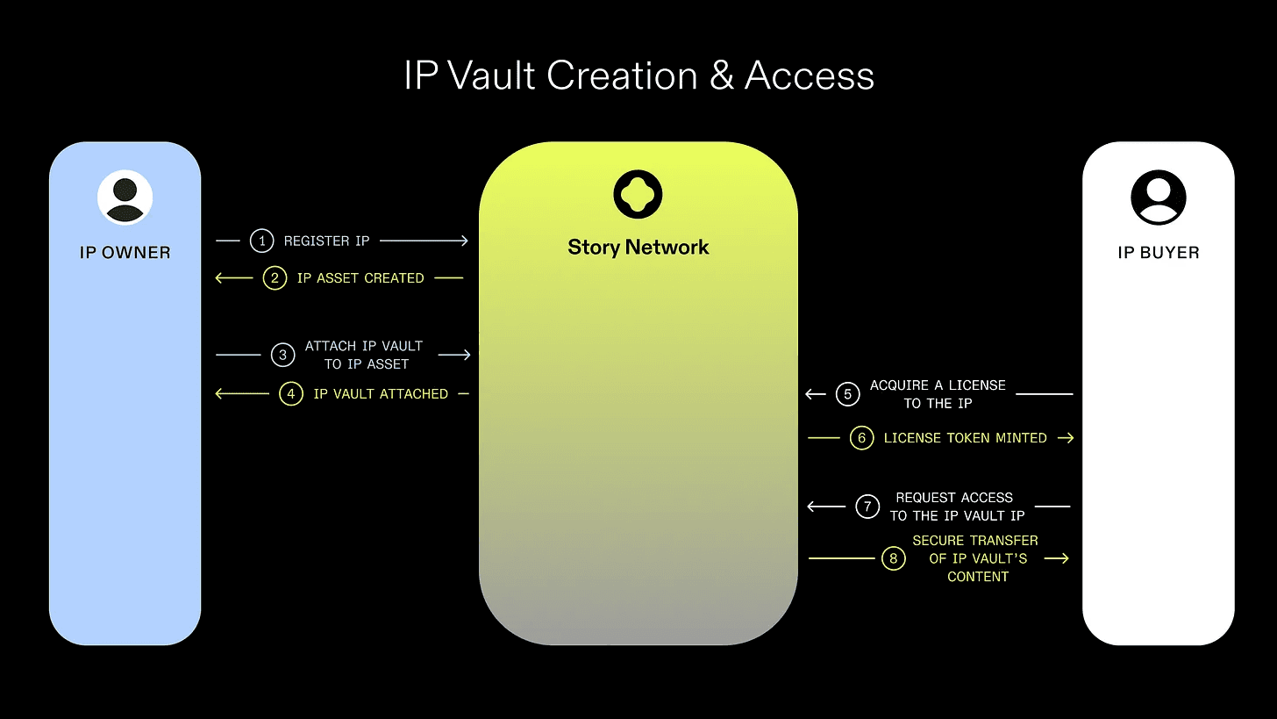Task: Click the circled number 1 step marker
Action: point(261,241)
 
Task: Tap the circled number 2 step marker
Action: point(275,278)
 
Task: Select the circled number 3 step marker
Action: point(282,355)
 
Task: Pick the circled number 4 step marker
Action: point(291,394)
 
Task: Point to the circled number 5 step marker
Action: point(847,394)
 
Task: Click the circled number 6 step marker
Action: point(862,438)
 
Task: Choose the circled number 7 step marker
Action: point(867,507)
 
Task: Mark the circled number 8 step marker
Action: point(893,558)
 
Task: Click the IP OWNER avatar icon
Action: point(125,198)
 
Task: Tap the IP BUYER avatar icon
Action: point(1158,198)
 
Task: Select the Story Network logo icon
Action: point(638,194)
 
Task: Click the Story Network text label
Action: point(638,248)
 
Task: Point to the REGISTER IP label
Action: point(326,241)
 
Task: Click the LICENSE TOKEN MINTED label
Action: point(965,438)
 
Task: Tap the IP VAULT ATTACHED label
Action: point(381,394)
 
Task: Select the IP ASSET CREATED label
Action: point(360,278)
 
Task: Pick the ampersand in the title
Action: point(721,76)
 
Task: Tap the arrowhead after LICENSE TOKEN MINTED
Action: point(1067,438)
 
